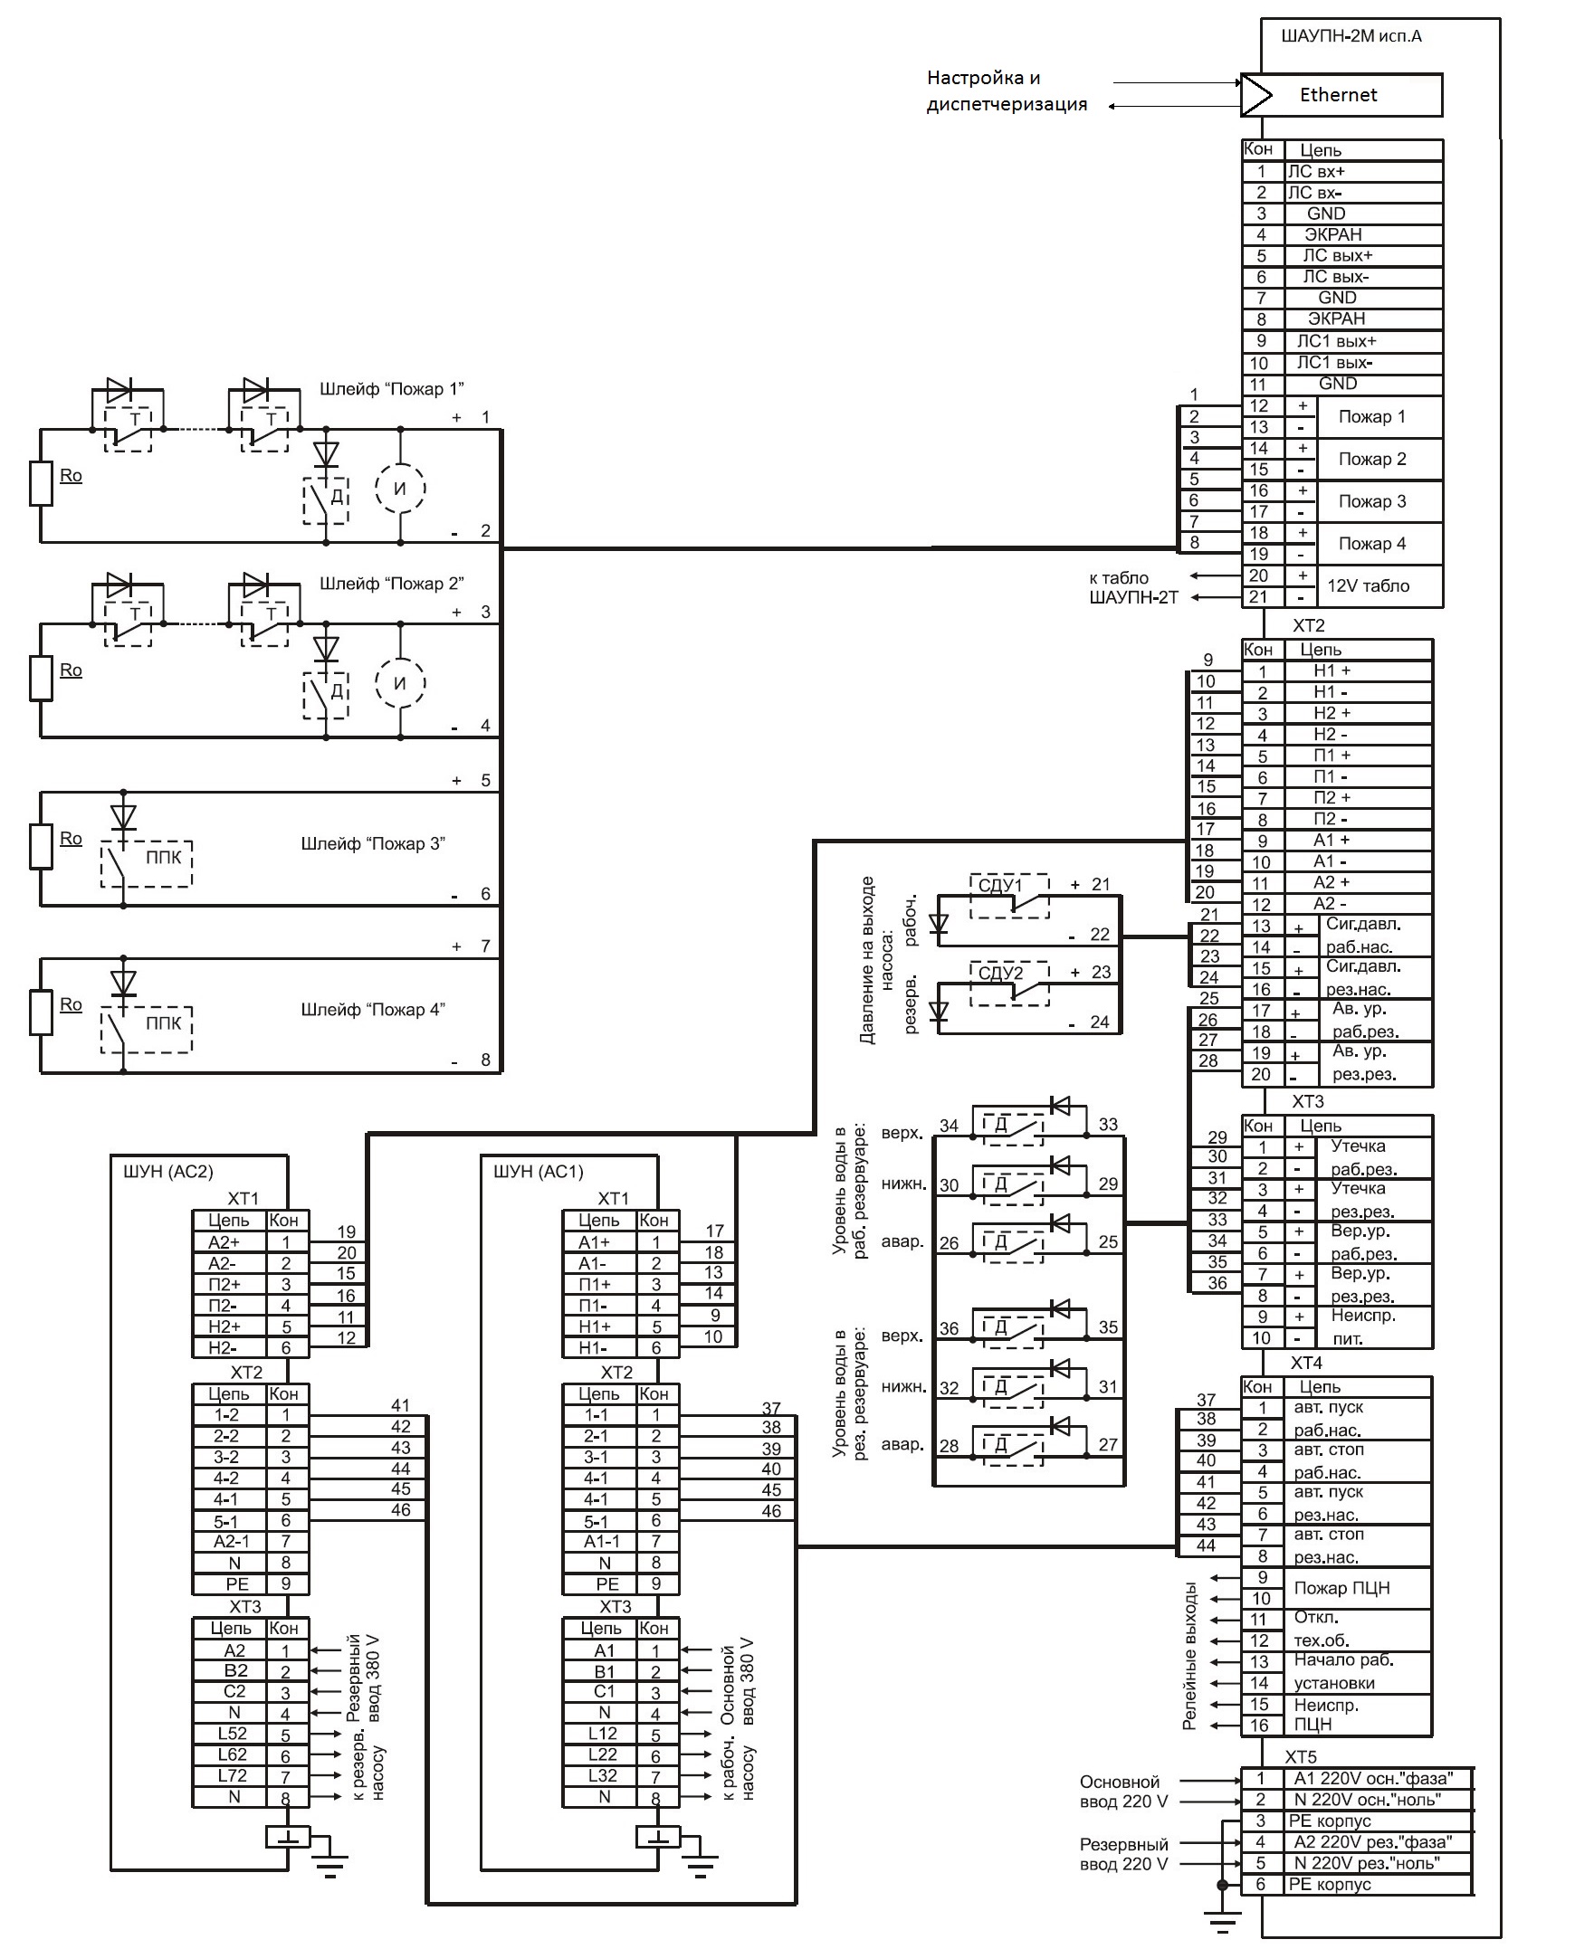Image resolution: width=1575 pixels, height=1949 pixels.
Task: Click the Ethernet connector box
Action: pyautogui.click(x=1341, y=95)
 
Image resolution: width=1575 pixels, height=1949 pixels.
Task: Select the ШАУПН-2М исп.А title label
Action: pyautogui.click(x=1351, y=37)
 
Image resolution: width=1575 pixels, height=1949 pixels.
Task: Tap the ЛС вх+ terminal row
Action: pyautogui.click(x=1341, y=171)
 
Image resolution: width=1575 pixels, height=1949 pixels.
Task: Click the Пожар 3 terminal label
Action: pyautogui.click(x=1371, y=501)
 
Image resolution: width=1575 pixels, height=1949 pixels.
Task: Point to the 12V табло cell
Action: pyautogui.click(x=1368, y=586)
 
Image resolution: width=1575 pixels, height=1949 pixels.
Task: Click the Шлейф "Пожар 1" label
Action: pyautogui.click(x=391, y=389)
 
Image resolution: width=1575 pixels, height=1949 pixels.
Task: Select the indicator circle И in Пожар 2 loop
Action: pyautogui.click(x=400, y=683)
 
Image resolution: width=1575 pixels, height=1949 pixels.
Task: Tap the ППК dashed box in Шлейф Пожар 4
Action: pyautogui.click(x=146, y=1030)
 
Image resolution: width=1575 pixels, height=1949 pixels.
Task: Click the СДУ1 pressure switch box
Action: pyautogui.click(x=1010, y=896)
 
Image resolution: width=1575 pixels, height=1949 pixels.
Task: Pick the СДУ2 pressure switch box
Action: pyautogui.click(x=1010, y=984)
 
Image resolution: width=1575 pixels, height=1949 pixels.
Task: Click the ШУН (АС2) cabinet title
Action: pyautogui.click(x=167, y=1172)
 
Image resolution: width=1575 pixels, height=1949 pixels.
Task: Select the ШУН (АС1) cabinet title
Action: pyautogui.click(x=538, y=1172)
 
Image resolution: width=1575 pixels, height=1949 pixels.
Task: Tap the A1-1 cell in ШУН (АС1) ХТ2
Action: pyautogui.click(x=600, y=1541)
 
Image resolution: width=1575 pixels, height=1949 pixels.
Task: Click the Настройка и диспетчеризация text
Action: pyautogui.click(x=1007, y=90)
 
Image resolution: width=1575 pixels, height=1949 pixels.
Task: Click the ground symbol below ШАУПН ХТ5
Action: pyautogui.click(x=1222, y=1918)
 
